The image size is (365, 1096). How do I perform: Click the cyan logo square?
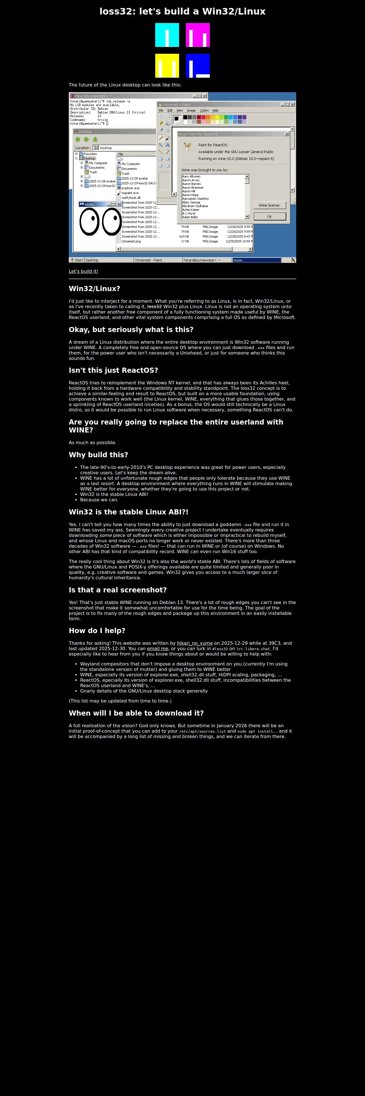pyautogui.click(x=167, y=35)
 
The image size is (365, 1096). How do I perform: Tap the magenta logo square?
pyautogui.click(x=198, y=35)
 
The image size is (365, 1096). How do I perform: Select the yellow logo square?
pyautogui.click(x=167, y=65)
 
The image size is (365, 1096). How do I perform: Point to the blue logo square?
pyautogui.click(x=198, y=65)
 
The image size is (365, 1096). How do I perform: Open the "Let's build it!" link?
pyautogui.click(x=83, y=271)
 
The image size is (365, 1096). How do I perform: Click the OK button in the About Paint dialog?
pyautogui.click(x=269, y=217)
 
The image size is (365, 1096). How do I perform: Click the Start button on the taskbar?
pyautogui.click(x=77, y=260)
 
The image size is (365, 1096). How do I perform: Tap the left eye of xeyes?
pyautogui.click(x=90, y=222)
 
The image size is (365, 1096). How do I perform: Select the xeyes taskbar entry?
pyautogui.click(x=256, y=260)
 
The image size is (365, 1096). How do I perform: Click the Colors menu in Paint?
pyautogui.click(x=204, y=110)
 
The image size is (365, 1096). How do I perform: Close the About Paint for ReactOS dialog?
pyautogui.click(x=286, y=134)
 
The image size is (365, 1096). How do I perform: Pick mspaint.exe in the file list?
pyautogui.click(x=130, y=193)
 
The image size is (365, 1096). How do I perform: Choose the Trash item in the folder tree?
pyautogui.click(x=93, y=172)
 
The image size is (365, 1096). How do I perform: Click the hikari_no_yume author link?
pyautogui.click(x=195, y=643)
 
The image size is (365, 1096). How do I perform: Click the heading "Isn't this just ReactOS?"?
pyautogui.click(x=113, y=370)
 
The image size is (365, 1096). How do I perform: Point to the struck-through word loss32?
pyautogui.click(x=154, y=306)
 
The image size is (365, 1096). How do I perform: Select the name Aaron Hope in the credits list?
pyautogui.click(x=190, y=195)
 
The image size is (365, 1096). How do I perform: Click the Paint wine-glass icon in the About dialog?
pyautogui.click(x=187, y=147)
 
